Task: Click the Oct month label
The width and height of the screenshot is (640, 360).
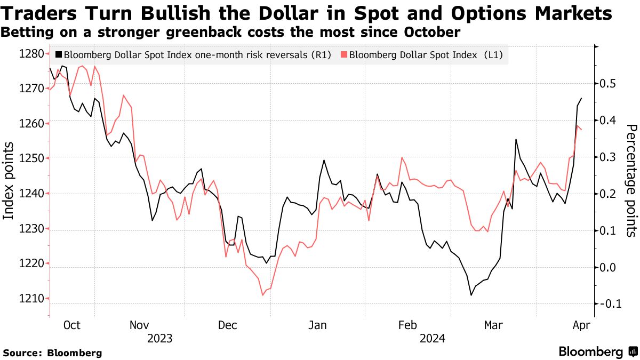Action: (x=71, y=325)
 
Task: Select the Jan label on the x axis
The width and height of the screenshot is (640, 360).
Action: (x=318, y=325)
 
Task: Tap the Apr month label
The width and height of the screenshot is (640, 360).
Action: (x=580, y=325)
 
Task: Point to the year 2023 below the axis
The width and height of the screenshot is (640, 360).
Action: (x=159, y=338)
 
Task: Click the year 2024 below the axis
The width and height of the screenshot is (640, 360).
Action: (x=433, y=338)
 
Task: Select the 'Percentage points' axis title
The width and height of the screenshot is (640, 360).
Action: (x=631, y=180)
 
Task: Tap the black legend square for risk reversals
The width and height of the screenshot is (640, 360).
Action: (x=58, y=54)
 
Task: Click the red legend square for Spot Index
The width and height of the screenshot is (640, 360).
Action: (x=344, y=54)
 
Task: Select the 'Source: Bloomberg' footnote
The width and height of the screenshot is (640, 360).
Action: (x=52, y=353)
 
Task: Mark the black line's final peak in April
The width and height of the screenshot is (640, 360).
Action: (x=581, y=98)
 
